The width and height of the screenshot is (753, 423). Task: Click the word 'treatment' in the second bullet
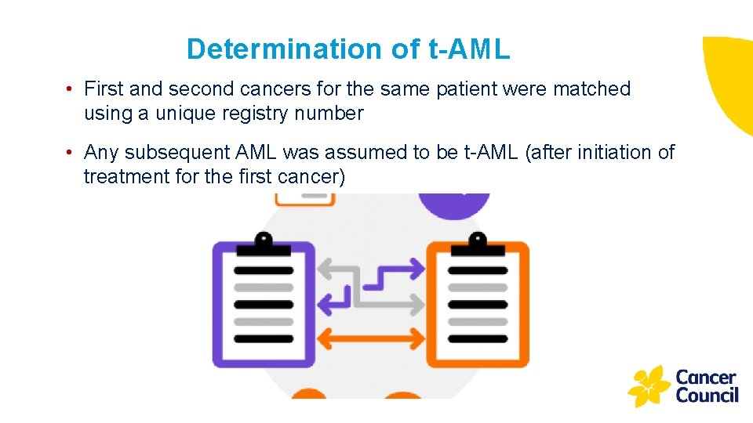pyautogui.click(x=122, y=176)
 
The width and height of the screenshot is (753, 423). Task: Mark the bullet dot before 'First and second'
pyautogui.click(x=71, y=89)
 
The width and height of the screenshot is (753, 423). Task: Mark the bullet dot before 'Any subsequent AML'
pyautogui.click(x=71, y=152)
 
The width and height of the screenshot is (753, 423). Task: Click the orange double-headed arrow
pyautogui.click(x=373, y=339)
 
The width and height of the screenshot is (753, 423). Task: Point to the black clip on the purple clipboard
pyautogui.click(x=264, y=245)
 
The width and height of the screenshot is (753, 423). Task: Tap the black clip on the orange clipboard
pyautogui.click(x=477, y=245)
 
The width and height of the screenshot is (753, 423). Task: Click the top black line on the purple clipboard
pyautogui.click(x=264, y=270)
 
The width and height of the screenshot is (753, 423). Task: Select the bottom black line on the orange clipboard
pyautogui.click(x=477, y=339)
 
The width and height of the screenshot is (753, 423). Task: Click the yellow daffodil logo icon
pyautogui.click(x=649, y=386)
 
